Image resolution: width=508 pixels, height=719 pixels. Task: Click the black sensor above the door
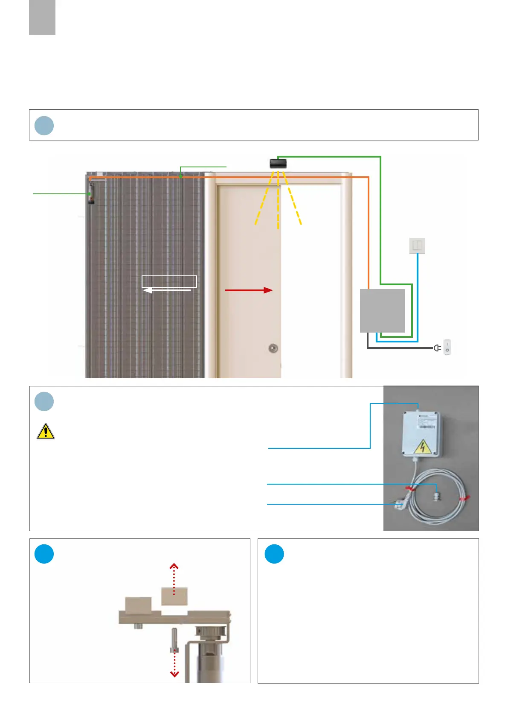[x=278, y=163]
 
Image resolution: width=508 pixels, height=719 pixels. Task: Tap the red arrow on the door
[x=249, y=290]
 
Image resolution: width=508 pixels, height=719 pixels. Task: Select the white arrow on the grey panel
[x=166, y=290]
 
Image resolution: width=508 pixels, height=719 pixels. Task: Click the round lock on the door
[x=273, y=348]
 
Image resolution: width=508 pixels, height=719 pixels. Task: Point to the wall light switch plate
[x=417, y=246]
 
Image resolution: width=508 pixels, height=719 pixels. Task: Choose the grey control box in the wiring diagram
[x=382, y=310]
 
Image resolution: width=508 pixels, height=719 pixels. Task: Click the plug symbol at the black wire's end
[x=437, y=348]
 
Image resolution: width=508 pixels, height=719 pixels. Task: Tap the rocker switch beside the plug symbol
[x=447, y=347]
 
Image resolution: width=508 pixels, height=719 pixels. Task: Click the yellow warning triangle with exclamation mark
[x=46, y=432]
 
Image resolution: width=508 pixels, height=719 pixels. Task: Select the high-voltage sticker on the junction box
[x=422, y=447]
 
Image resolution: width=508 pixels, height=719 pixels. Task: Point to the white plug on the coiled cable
[x=400, y=505]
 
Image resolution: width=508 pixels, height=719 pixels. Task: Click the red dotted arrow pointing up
[x=174, y=579]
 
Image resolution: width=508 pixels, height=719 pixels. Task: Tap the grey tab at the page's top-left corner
[x=42, y=17]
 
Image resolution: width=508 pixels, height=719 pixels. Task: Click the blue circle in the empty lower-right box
[x=274, y=554]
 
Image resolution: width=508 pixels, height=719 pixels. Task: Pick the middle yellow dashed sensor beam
[x=278, y=201]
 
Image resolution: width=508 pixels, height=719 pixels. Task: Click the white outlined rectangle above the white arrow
[x=169, y=281]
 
